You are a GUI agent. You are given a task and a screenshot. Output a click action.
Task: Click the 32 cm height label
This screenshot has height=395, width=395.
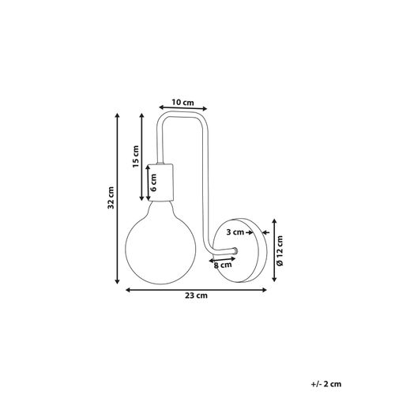[111, 197]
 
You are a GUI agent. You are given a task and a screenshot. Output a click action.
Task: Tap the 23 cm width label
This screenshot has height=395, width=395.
[196, 295]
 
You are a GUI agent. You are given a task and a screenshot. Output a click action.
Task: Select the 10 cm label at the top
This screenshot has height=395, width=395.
[182, 102]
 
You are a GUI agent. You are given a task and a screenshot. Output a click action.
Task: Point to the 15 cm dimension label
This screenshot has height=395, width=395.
[135, 156]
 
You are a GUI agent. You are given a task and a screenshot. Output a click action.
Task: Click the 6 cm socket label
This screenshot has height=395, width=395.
[153, 182]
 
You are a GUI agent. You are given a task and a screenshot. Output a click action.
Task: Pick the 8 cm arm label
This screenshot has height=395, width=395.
[223, 265]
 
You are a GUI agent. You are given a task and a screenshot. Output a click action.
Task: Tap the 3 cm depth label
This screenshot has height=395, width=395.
[235, 232]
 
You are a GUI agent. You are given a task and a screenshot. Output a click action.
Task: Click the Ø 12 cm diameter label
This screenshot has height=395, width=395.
[280, 250]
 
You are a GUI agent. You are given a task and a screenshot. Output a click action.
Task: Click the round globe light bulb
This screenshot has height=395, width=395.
[160, 244]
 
